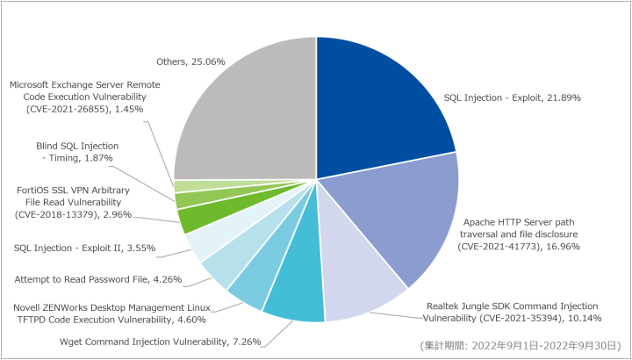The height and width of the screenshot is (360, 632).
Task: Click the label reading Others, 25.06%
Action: [x=190, y=61]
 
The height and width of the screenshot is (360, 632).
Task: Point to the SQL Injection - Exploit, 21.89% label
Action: [x=512, y=97]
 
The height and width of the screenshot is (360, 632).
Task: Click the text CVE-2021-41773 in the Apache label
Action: [x=499, y=247]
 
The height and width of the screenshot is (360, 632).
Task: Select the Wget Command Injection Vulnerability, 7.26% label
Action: [x=160, y=342]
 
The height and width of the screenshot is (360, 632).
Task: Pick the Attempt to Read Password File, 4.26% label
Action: [x=98, y=279]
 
